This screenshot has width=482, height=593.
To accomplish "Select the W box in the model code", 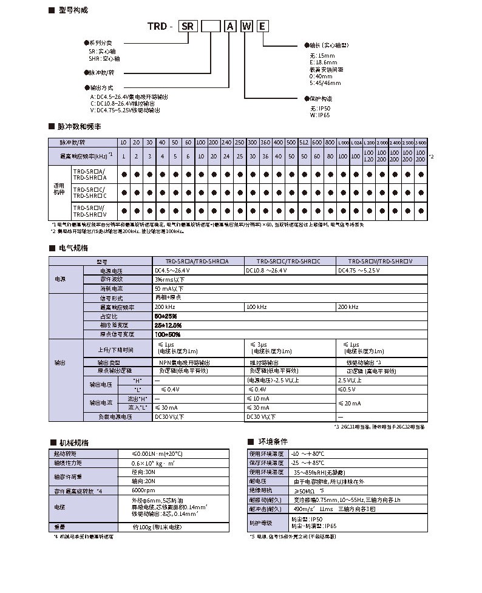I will [x=246, y=26].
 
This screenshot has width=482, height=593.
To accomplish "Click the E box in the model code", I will [x=262, y=26].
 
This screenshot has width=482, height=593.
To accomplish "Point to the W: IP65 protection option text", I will [x=319, y=115].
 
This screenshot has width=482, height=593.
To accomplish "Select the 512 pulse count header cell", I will [x=304, y=141].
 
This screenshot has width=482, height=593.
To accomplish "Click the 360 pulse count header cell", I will [x=265, y=141].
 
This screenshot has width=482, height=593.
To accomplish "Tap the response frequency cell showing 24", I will [x=226, y=156].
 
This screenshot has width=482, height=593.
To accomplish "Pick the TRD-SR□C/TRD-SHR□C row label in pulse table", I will [x=89, y=193].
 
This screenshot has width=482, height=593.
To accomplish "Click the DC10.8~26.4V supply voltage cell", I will [x=268, y=270].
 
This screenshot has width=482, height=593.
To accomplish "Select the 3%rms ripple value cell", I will [x=170, y=279].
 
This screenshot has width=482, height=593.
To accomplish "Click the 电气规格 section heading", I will [x=73, y=248].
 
